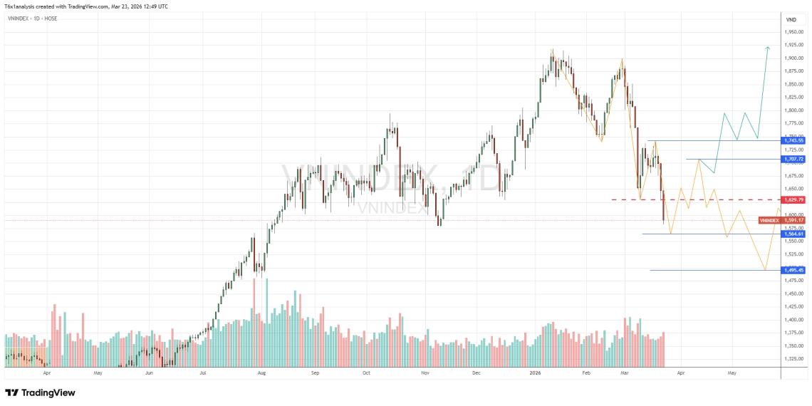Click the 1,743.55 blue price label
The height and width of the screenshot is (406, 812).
793,141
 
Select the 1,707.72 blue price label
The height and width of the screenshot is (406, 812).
793,159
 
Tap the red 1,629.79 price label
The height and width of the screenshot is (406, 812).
793,199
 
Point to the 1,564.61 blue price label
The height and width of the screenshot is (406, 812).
793,234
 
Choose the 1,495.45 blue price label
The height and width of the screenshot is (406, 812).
793,270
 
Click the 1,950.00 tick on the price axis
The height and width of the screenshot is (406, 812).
795,32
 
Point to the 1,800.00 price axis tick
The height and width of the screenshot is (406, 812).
795,110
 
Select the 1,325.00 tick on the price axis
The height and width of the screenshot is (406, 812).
795,358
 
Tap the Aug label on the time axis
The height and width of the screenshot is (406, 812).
262,373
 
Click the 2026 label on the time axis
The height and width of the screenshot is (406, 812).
536,373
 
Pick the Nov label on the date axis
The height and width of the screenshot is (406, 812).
425,373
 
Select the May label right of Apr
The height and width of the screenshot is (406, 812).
732,373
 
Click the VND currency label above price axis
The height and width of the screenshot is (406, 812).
791,19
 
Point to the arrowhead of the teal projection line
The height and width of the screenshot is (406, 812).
767,48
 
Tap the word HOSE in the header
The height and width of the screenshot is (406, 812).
51,18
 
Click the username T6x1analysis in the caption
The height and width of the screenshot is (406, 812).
22,6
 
